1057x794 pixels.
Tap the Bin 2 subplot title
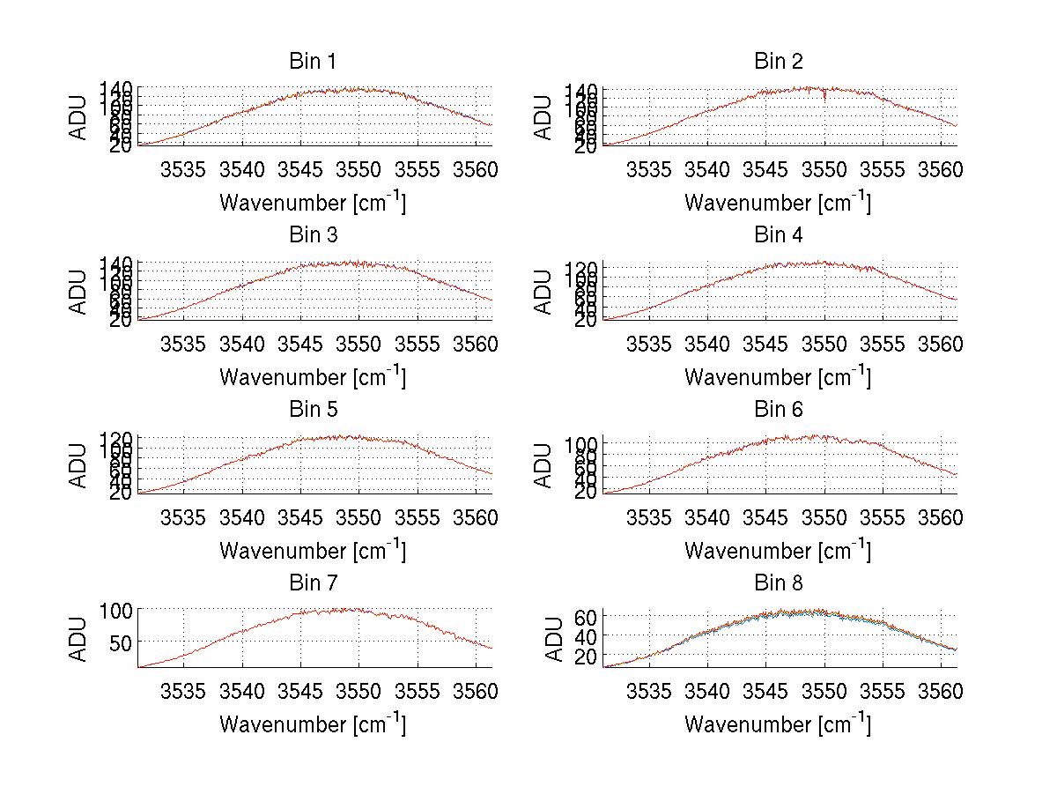tap(778, 62)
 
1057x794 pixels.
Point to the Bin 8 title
tap(778, 583)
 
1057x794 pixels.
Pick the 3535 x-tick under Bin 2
tap(649, 169)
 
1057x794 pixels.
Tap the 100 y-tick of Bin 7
tap(115, 610)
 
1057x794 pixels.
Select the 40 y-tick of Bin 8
tap(585, 637)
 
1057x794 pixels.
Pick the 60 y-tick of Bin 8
tap(585, 618)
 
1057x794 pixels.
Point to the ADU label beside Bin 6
tap(544, 465)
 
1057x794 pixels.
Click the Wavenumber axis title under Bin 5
tap(312, 551)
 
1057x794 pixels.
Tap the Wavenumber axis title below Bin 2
tap(778, 203)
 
